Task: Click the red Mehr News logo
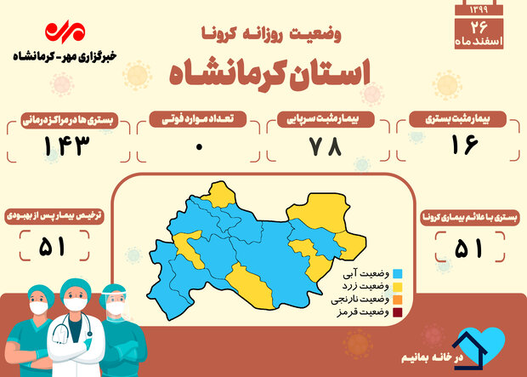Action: (65, 32)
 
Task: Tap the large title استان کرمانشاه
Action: (270, 76)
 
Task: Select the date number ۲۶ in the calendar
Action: (479, 27)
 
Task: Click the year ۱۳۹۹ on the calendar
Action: (479, 9)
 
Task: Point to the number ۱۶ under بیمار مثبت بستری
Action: (464, 145)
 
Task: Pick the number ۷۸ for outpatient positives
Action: (325, 146)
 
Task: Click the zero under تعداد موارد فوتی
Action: (199, 146)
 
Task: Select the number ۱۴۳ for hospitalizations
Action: (67, 146)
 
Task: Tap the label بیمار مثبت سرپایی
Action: (323, 119)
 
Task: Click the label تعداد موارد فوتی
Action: (197, 119)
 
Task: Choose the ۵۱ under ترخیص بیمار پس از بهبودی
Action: (52, 246)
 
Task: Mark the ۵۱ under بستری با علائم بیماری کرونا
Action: (468, 248)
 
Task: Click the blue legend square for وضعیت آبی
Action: (398, 274)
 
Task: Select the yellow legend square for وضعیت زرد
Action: (398, 287)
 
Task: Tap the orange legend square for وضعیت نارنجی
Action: (398, 300)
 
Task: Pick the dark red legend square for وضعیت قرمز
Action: (398, 312)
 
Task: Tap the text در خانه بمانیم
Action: (432, 357)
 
